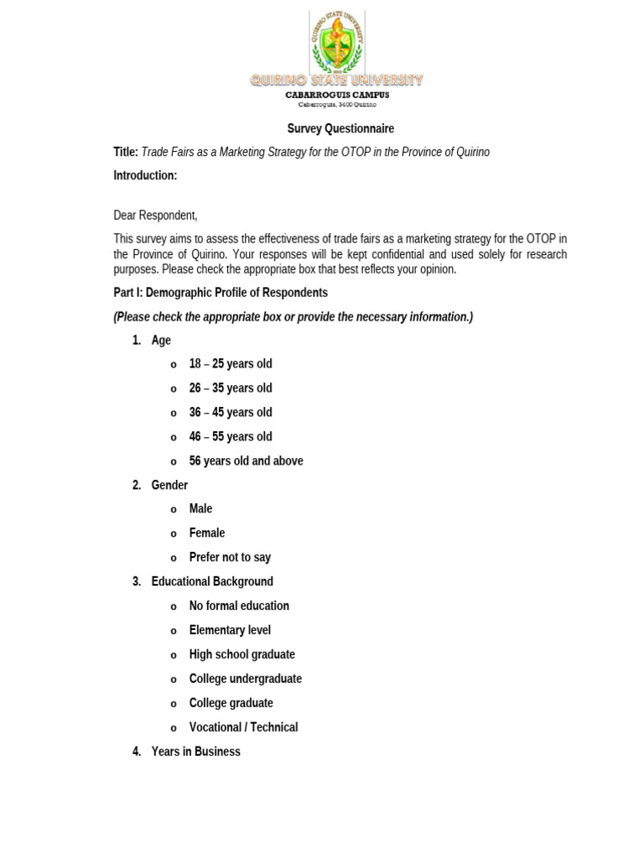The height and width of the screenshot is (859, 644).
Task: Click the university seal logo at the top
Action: [x=337, y=44]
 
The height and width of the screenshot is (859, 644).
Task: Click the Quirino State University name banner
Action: [x=337, y=81]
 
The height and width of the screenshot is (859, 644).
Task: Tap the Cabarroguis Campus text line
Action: [x=337, y=96]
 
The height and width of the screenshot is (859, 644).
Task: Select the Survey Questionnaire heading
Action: [x=340, y=128]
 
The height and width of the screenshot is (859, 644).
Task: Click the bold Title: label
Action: [x=126, y=152]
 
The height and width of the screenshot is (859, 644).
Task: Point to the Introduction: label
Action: [x=145, y=175]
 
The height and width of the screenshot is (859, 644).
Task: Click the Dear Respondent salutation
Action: [x=155, y=216]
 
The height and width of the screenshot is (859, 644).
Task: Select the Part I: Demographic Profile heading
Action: [x=221, y=293]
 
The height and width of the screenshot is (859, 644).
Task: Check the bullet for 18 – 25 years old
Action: [x=174, y=365]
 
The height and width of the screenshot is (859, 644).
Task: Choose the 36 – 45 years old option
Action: [x=231, y=412]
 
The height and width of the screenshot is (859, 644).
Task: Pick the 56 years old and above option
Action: [x=246, y=461]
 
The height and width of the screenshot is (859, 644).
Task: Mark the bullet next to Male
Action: [x=174, y=510]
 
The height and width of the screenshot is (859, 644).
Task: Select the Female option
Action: [x=206, y=533]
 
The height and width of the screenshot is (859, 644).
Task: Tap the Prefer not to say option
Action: [x=230, y=557]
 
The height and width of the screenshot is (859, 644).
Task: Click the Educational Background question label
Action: [x=212, y=581]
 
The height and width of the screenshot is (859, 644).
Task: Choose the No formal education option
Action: [x=239, y=606]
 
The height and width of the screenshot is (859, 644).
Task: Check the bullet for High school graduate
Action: [x=174, y=655]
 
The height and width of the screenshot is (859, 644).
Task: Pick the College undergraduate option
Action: [x=245, y=679]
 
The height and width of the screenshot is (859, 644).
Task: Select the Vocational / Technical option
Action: [x=243, y=727]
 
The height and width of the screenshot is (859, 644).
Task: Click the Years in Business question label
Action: [x=195, y=752]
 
